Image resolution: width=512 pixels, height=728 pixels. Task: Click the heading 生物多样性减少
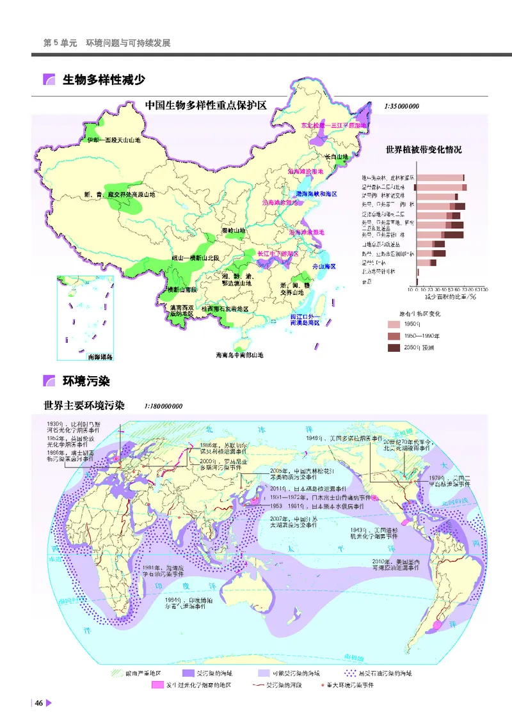click(x=104, y=80)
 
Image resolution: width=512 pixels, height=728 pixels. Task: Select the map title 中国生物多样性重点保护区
click(x=205, y=106)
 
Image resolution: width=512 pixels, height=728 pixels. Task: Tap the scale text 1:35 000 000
click(x=402, y=107)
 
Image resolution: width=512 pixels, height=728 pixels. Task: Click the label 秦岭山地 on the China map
click(x=233, y=230)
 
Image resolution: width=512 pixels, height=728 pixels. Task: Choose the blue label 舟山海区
click(x=324, y=265)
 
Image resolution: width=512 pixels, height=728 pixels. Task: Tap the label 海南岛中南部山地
click(x=239, y=355)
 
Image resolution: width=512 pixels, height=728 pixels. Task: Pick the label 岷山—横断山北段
click(x=195, y=257)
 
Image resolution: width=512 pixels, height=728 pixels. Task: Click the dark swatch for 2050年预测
click(x=393, y=347)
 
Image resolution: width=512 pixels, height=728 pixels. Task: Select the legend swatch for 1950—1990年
click(x=393, y=336)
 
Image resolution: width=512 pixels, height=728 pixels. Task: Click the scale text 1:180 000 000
click(x=164, y=406)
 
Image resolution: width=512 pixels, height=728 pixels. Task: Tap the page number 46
click(x=38, y=703)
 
